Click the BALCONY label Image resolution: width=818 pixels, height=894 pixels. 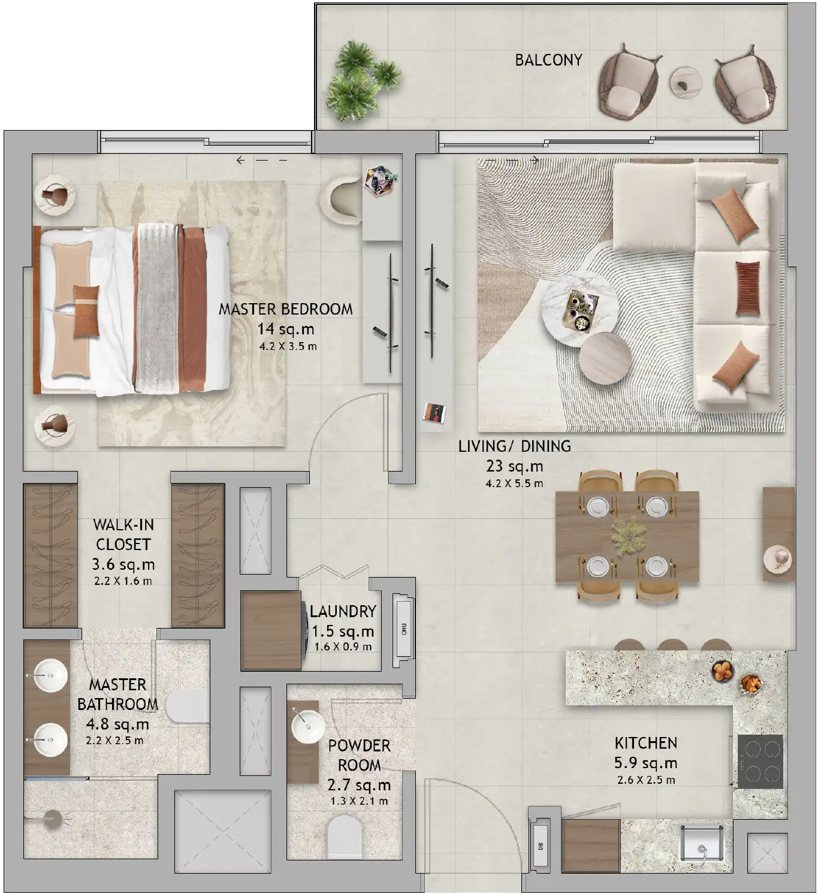(548, 60)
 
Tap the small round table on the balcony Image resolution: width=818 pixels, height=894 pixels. (686, 83)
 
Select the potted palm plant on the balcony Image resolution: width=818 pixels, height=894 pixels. (363, 80)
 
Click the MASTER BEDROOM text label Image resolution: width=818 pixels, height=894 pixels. (285, 309)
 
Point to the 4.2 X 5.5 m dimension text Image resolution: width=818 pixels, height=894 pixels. (514, 484)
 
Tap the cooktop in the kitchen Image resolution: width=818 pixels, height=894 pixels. (760, 762)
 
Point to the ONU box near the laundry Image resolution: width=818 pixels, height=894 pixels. (405, 630)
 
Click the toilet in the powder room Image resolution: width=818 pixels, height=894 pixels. (345, 839)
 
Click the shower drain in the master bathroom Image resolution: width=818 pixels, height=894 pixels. (52, 819)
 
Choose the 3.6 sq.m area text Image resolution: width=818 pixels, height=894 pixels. (123, 564)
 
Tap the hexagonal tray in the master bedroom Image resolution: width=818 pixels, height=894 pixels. (381, 180)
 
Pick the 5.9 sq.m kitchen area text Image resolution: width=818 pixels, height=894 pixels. (646, 763)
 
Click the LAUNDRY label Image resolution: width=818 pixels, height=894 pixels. (343, 611)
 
